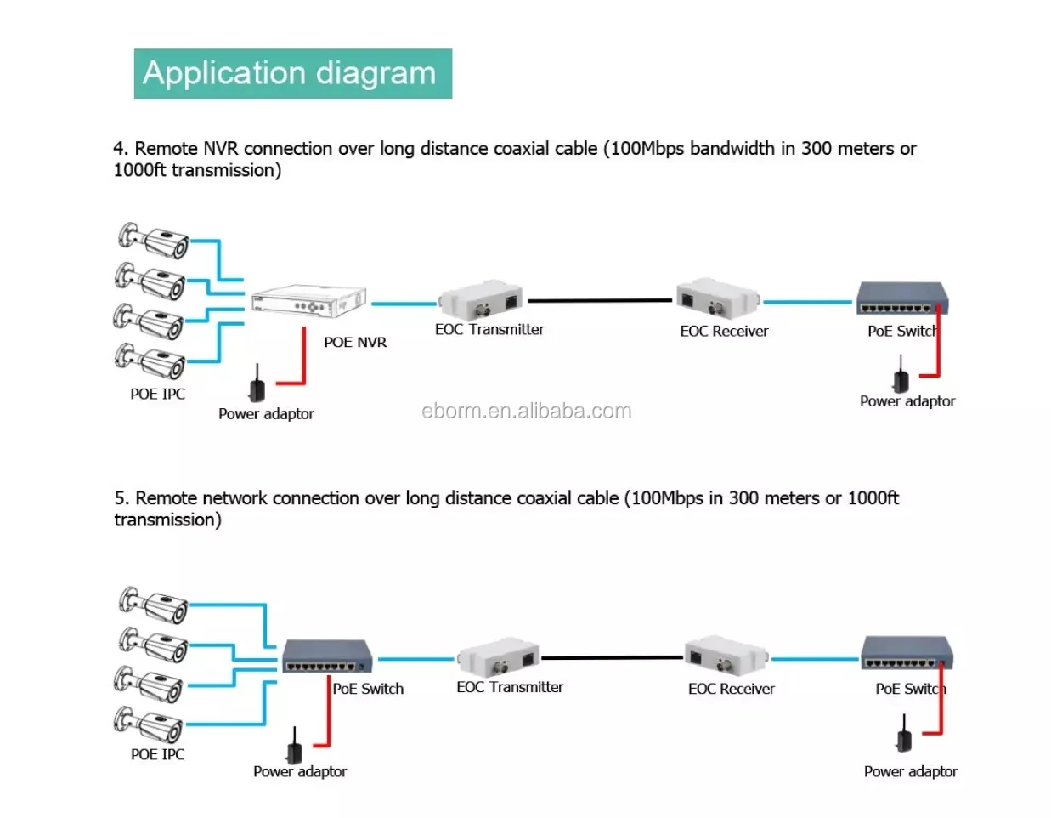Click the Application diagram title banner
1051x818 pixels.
coord(292,74)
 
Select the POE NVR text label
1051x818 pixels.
coord(354,342)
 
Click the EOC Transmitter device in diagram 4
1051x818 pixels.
coord(480,298)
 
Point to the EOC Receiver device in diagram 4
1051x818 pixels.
coord(718,298)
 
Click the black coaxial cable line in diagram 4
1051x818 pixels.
coord(599,300)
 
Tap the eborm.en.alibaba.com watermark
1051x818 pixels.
coord(526,412)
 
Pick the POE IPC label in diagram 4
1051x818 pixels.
coord(157,394)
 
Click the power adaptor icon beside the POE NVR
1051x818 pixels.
coord(256,385)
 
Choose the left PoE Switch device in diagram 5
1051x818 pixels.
coord(327,656)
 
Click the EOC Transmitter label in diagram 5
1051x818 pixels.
coord(510,687)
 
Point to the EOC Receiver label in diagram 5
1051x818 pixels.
coord(731,689)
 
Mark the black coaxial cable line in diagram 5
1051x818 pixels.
coord(612,657)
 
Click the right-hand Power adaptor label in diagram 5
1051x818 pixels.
coord(910,771)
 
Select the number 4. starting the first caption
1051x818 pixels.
coord(121,149)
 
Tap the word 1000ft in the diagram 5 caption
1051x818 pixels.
coord(873,498)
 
